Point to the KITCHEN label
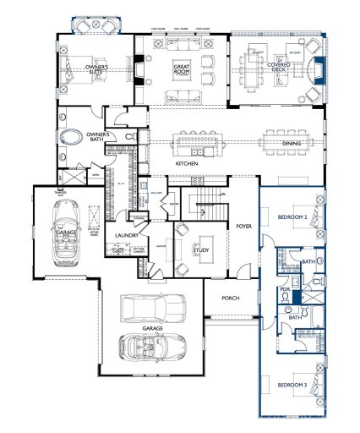pos(187,162)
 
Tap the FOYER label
pos(244,226)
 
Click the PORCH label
pos(232,298)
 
